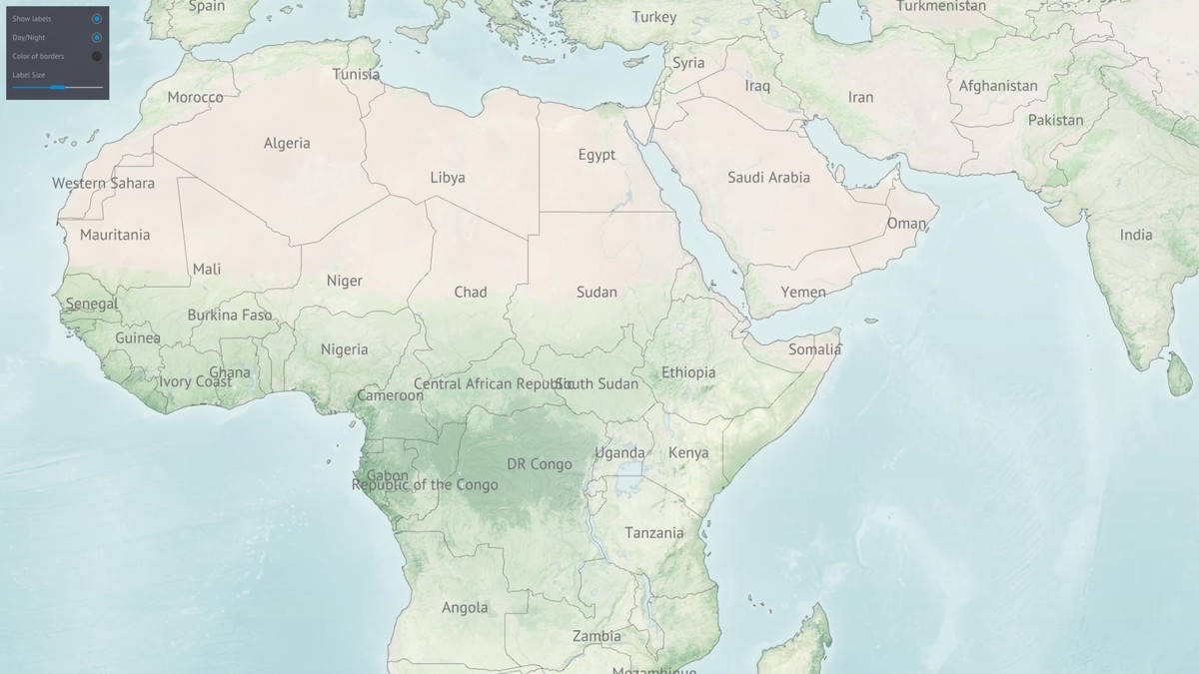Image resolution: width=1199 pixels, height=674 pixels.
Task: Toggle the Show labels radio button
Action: click(97, 19)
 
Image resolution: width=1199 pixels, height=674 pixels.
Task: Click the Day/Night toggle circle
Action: click(97, 38)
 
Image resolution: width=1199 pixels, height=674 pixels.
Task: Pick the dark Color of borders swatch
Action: click(97, 56)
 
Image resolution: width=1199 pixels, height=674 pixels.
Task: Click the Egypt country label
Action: click(597, 155)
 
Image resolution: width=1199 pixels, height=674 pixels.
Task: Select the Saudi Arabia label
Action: click(768, 178)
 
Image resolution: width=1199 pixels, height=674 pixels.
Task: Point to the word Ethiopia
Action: click(688, 372)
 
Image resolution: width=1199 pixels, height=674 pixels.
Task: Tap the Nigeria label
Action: click(344, 349)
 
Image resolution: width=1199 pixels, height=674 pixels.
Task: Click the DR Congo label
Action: click(540, 464)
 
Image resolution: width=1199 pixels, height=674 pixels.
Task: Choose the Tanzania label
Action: click(654, 533)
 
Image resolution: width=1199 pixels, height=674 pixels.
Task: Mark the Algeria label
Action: click(287, 144)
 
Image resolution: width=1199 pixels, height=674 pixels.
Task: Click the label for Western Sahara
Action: click(103, 184)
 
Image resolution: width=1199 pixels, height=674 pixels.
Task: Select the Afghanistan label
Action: click(998, 86)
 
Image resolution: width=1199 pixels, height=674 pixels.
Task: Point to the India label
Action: click(1136, 236)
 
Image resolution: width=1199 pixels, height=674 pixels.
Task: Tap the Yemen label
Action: click(803, 293)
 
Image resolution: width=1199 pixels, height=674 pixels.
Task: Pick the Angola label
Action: click(465, 608)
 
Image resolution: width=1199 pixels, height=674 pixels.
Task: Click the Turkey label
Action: click(654, 17)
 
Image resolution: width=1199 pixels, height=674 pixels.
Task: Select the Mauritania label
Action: click(115, 235)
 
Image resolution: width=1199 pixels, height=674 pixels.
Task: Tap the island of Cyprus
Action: click(631, 62)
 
